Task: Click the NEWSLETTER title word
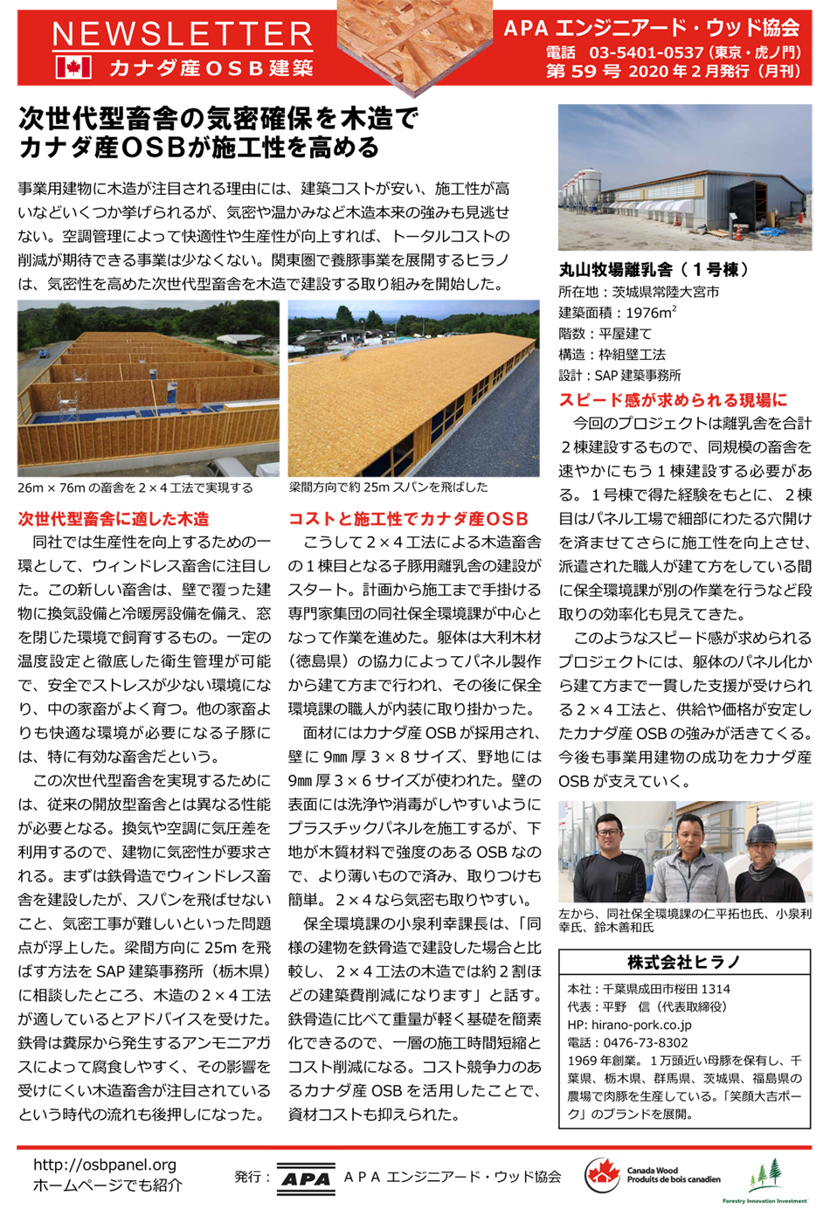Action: click(x=182, y=36)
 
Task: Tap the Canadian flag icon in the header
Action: click(x=73, y=68)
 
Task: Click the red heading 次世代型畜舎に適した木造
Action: click(x=114, y=519)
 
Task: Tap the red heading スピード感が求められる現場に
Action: click(x=673, y=400)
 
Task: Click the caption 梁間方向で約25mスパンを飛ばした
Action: click(x=388, y=487)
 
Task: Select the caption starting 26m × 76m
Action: click(x=135, y=488)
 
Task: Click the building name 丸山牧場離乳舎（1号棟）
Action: click(x=654, y=270)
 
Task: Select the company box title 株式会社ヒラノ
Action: click(x=684, y=962)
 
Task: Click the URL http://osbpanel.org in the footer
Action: click(x=105, y=1164)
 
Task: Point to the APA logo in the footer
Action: click(x=306, y=1178)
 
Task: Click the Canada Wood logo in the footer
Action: click(x=654, y=1175)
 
